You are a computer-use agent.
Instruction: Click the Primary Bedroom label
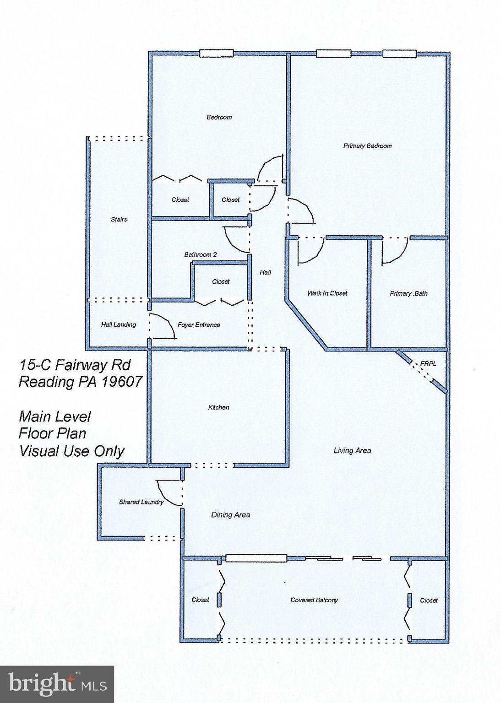367,146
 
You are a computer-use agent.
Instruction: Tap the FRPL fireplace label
428,364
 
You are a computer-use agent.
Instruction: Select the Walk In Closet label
327,293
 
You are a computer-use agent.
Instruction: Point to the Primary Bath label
408,293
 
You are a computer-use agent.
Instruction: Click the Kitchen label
218,407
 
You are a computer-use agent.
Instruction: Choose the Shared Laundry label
141,502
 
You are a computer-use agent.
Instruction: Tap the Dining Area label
230,515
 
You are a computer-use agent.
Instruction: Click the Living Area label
352,451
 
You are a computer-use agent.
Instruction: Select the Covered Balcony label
314,600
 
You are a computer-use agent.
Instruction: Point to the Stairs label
119,220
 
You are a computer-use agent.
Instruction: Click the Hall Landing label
118,324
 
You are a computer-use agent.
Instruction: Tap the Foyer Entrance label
199,325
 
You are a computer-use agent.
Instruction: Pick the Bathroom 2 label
200,254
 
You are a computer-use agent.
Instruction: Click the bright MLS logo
57,684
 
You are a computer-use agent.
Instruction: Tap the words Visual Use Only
71,451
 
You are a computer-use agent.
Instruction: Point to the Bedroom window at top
217,54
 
